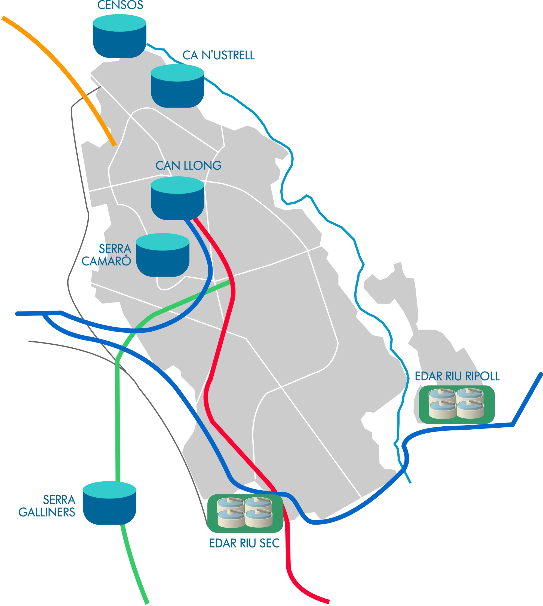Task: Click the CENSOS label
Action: (120, 5)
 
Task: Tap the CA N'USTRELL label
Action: (218, 55)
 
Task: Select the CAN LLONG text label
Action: (188, 165)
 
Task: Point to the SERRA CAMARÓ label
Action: (107, 255)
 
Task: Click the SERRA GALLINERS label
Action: (47, 506)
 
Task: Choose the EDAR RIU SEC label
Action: (244, 543)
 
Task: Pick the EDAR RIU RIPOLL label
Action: (457, 376)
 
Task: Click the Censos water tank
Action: (120, 37)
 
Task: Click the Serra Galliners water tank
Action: (109, 504)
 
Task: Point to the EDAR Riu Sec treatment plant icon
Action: (245, 513)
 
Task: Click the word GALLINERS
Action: (47, 512)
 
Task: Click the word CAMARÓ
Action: (106, 261)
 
